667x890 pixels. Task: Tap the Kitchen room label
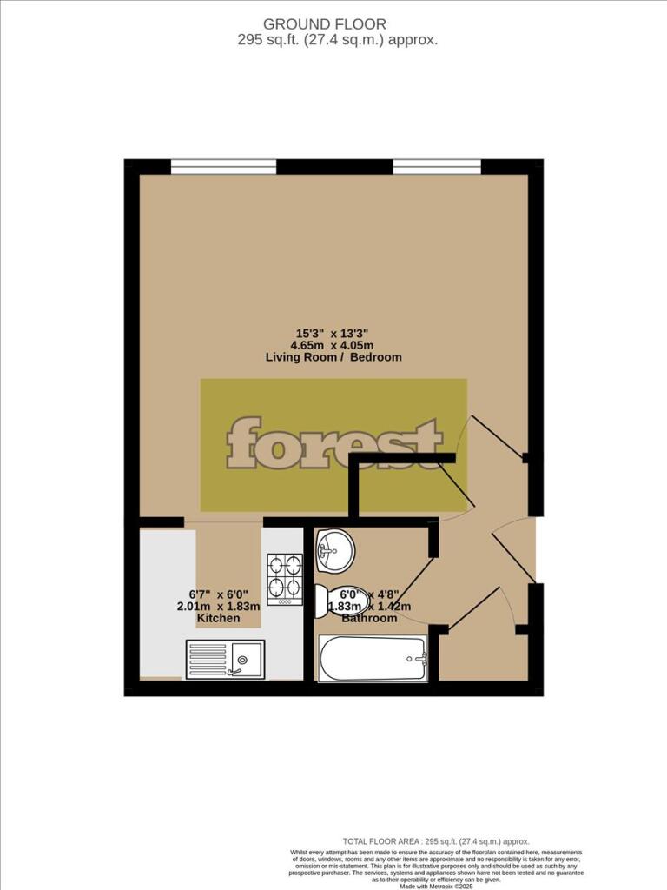(218, 618)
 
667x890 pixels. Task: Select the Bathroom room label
(369, 618)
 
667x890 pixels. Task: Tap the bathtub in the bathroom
(373, 659)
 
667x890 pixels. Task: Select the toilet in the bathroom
(333, 598)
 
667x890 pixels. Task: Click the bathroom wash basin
(333, 548)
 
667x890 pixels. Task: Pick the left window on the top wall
(223, 166)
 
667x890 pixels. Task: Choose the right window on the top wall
(437, 166)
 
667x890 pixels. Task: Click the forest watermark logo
(334, 443)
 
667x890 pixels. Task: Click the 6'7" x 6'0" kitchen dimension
(218, 594)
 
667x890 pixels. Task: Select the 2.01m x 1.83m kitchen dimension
(218, 606)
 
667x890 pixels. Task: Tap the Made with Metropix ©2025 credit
(435, 885)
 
